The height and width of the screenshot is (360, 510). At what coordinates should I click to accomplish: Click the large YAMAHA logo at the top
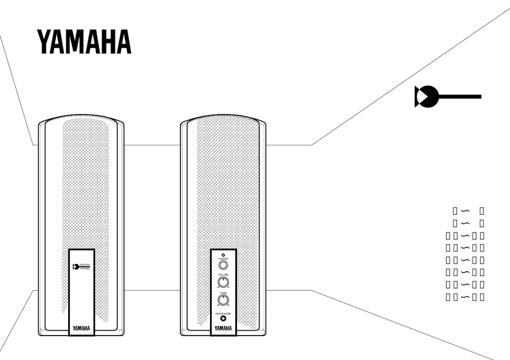(84, 42)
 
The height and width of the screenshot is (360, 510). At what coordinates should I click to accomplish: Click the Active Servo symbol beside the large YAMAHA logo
(427, 97)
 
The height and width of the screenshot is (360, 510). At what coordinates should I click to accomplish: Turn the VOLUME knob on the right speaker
(223, 282)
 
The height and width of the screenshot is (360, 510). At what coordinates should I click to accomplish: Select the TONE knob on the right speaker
(223, 301)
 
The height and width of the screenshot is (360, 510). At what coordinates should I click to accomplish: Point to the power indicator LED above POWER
(223, 254)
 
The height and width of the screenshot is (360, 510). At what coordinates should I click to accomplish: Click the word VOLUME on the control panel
(223, 275)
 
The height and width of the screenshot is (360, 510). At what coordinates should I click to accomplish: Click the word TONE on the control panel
(223, 293)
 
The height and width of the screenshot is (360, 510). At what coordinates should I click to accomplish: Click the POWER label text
(223, 259)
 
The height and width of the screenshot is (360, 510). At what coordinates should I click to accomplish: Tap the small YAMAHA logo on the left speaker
(81, 328)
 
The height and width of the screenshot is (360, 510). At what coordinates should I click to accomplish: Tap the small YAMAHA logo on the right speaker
(223, 328)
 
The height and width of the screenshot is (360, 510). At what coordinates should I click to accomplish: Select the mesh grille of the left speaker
(85, 189)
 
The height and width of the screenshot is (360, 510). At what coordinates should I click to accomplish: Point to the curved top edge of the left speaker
(81, 116)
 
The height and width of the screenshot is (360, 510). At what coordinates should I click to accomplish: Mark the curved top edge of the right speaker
(223, 116)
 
